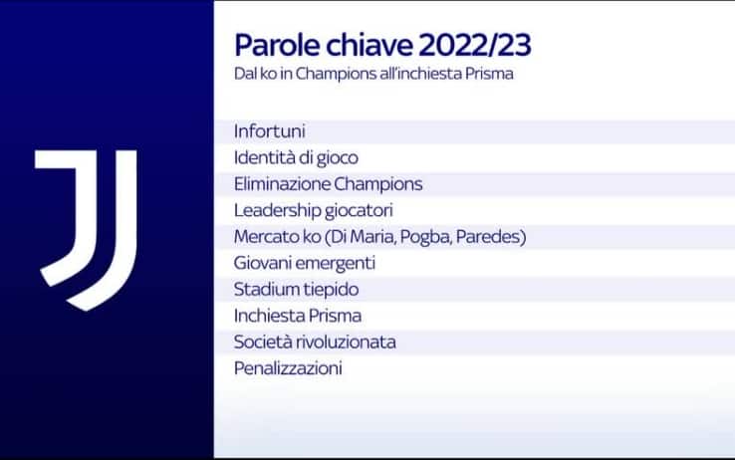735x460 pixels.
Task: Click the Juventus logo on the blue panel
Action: pos(86,228)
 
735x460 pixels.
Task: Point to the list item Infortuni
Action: pos(269,131)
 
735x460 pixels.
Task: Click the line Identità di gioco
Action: pos(296,157)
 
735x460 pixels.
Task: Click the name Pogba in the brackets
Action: pos(418,237)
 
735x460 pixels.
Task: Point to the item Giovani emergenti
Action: pos(305,263)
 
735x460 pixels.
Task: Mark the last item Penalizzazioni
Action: pos(288,368)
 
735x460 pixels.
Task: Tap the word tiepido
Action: pos(332,290)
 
